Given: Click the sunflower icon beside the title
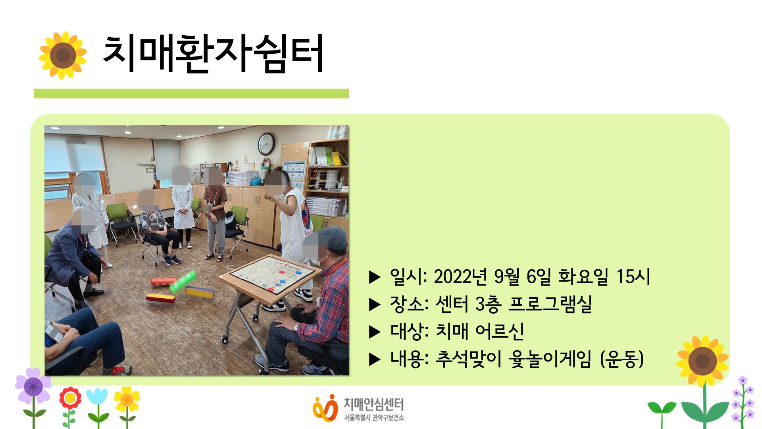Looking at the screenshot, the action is [63, 55].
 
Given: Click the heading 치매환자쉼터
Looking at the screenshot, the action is [213, 54].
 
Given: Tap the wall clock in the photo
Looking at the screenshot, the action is [266, 144].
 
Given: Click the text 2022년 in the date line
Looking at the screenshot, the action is [460, 276].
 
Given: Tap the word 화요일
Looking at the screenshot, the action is [583, 276].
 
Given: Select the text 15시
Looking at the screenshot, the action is [633, 276].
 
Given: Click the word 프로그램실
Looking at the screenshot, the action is [550, 304].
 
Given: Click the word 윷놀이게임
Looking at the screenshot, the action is [550, 359].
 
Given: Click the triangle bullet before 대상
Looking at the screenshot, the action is [375, 332].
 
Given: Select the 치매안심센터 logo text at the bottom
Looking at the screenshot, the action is [373, 404].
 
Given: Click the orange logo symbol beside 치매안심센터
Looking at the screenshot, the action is [325, 408].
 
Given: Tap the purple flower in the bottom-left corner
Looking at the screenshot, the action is [33, 386].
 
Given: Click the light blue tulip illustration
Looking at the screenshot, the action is [97, 399].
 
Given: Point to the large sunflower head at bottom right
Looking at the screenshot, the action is [702, 361].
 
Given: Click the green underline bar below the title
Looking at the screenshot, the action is [191, 93].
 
